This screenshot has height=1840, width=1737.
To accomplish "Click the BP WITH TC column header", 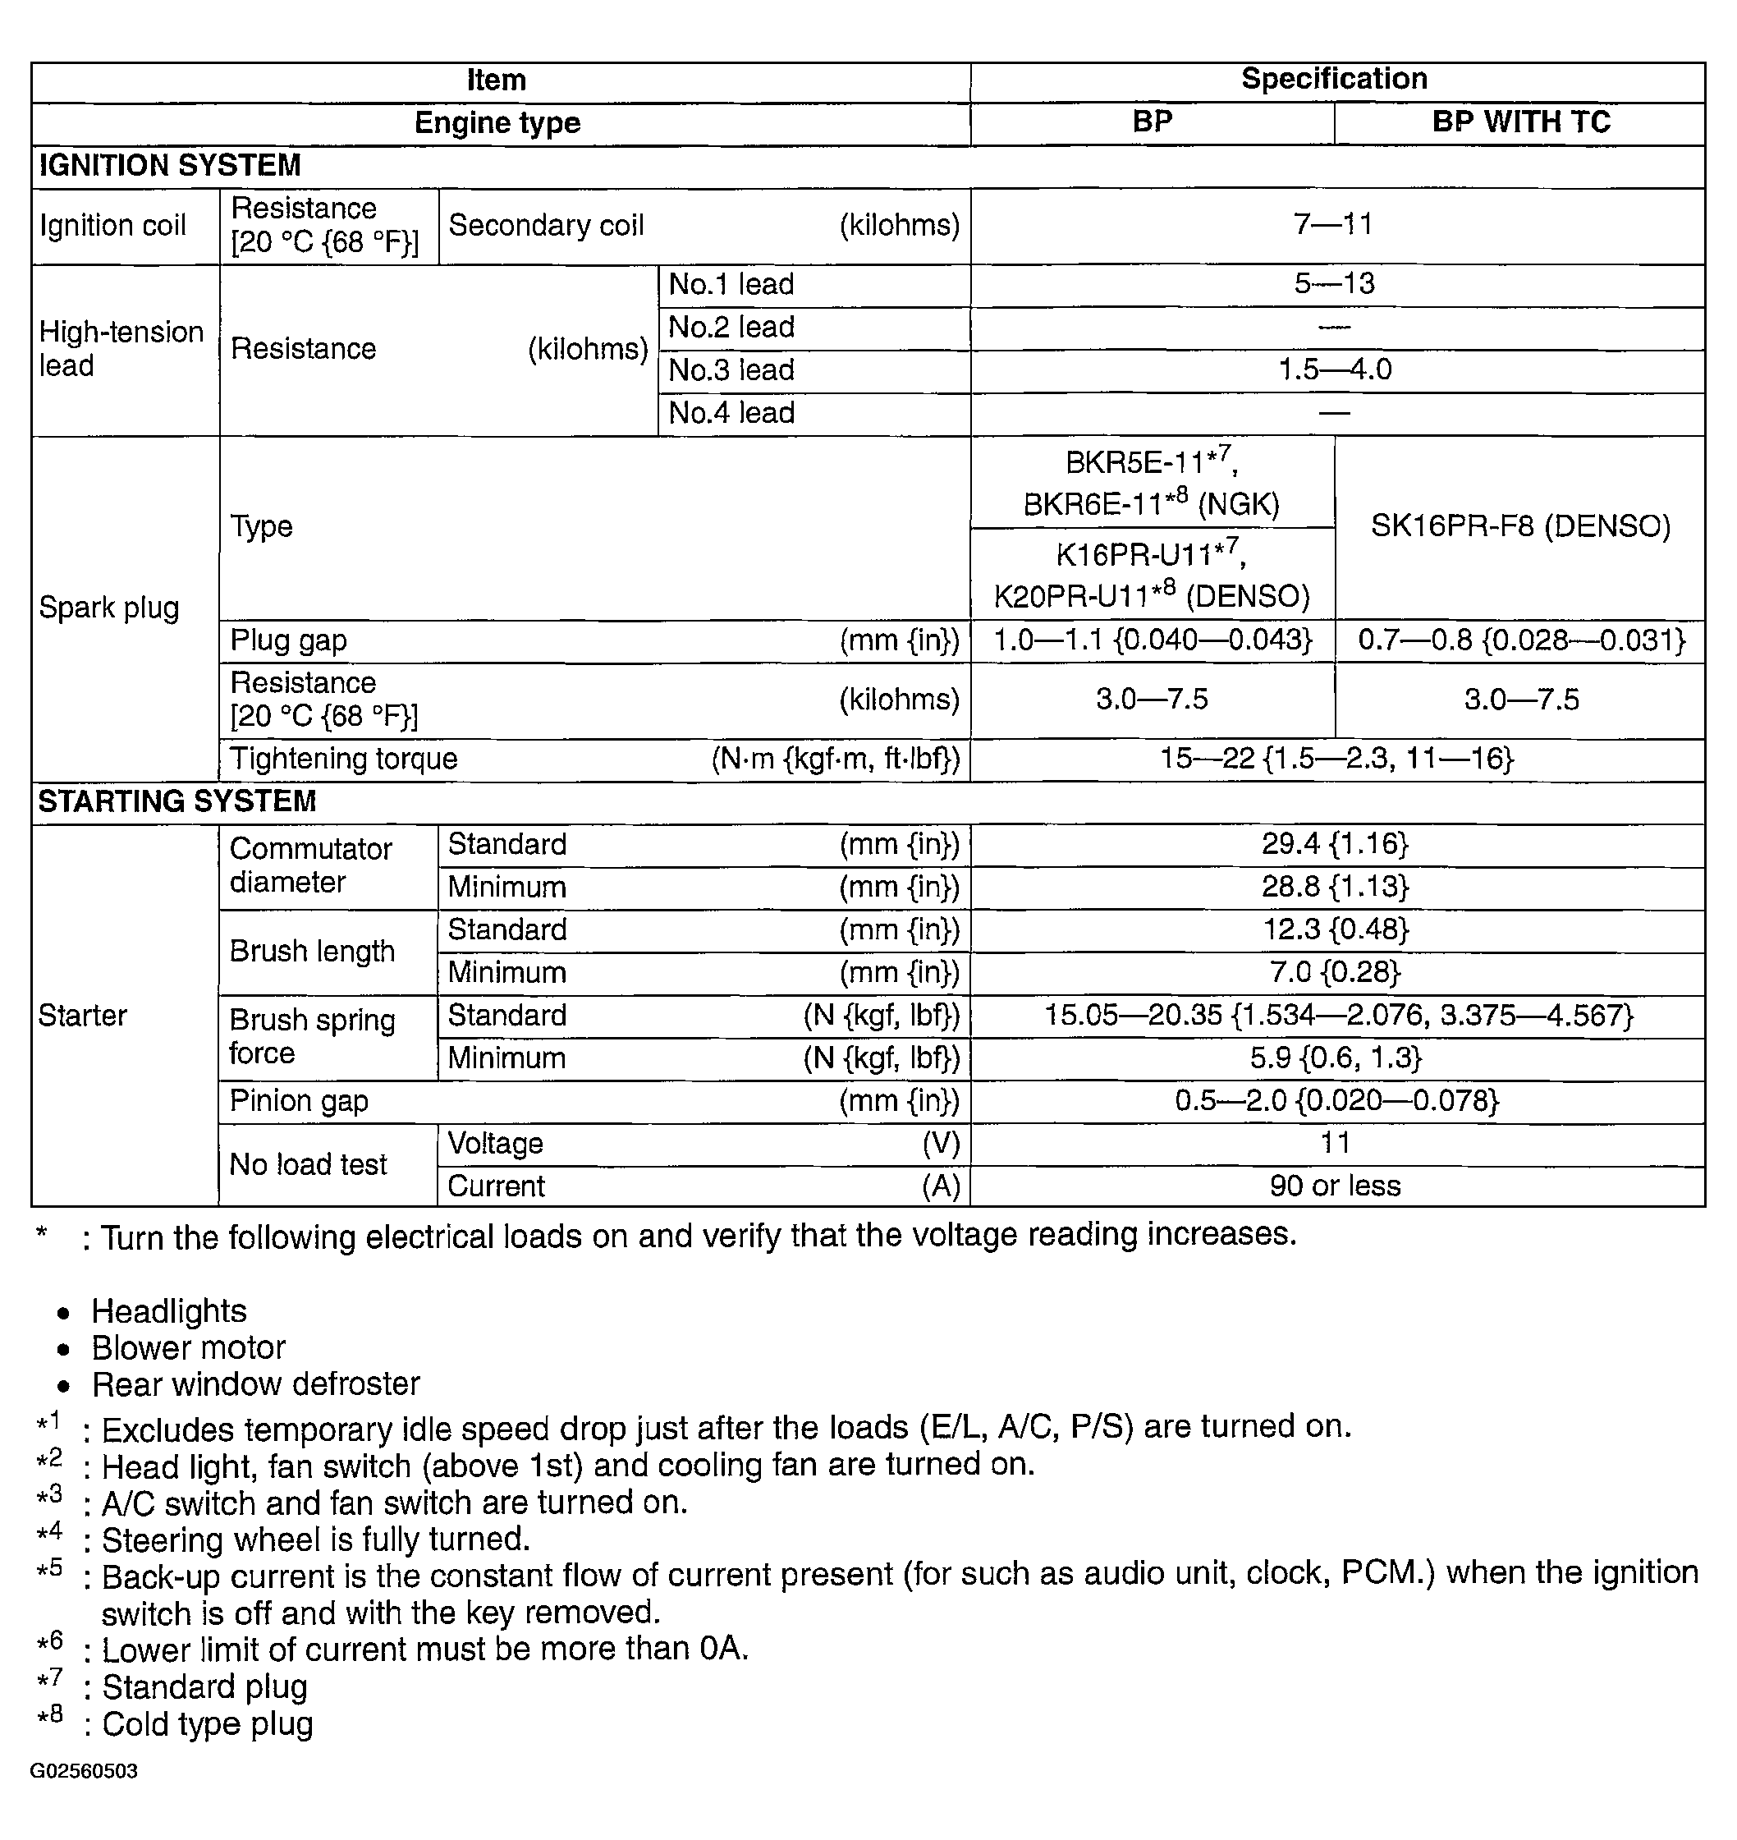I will pos(1520,122).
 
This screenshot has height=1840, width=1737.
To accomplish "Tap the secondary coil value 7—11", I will pos(1333,224).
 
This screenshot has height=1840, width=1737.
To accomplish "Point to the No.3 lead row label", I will pos(731,370).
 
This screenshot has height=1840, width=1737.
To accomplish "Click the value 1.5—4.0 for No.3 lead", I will pos(1334,370).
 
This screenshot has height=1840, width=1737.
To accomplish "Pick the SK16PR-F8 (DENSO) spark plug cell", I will pos(1520,527).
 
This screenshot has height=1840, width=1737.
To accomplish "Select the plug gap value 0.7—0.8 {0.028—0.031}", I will pos(1521,640).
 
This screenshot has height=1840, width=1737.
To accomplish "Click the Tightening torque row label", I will pos(343,759).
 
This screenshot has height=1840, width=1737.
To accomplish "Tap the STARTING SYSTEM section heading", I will pos(176,802).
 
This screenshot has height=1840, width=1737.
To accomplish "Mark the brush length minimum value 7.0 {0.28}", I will pos(1334,973).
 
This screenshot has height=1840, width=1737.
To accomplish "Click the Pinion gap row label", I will pos(299,1102).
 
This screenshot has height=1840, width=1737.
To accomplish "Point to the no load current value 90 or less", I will pos(1335,1187).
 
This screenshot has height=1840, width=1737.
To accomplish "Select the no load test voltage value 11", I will pos(1335,1144).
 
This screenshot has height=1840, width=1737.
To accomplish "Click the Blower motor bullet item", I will pos(189,1348).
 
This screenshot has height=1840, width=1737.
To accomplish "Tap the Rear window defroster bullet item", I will pos(256,1385).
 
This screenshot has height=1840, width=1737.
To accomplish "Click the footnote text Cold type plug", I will pos(208,1724).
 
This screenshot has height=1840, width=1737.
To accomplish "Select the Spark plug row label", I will pos(109,608).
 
